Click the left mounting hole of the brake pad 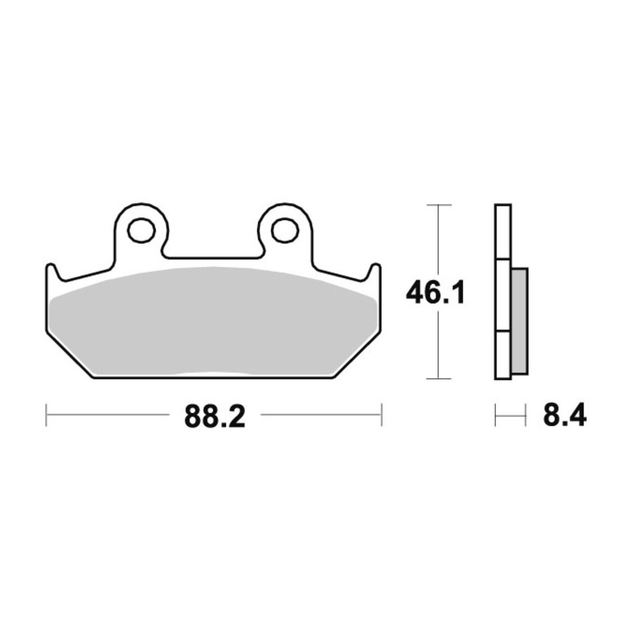point(141,230)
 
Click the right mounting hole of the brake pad point(285,230)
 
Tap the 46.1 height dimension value point(435,293)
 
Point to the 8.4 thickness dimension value point(565,415)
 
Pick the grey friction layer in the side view point(520,321)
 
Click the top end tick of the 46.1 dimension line point(438,205)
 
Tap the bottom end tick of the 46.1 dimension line point(438,378)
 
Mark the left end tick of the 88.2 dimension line point(46,414)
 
